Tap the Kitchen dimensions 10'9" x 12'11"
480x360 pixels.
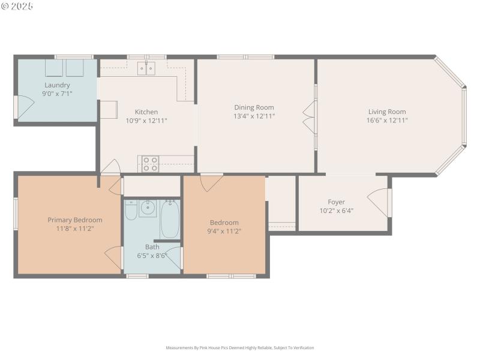[x=146, y=121]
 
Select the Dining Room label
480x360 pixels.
[x=254, y=107]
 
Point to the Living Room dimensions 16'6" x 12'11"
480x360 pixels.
[x=387, y=120]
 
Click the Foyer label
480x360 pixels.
[x=336, y=202]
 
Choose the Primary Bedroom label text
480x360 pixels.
[x=75, y=220]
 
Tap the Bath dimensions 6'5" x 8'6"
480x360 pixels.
[x=152, y=255]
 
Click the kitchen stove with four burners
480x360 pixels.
[x=150, y=164]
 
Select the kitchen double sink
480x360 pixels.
[x=146, y=68]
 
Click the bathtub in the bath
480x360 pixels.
[x=170, y=220]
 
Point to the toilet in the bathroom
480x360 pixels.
[x=131, y=212]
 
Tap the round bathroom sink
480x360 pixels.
[x=148, y=209]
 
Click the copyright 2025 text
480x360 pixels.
[x=17, y=6]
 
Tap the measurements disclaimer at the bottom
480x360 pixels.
[x=240, y=348]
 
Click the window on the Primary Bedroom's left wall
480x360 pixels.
[x=16, y=214]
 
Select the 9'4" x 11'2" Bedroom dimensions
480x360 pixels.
[x=224, y=231]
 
